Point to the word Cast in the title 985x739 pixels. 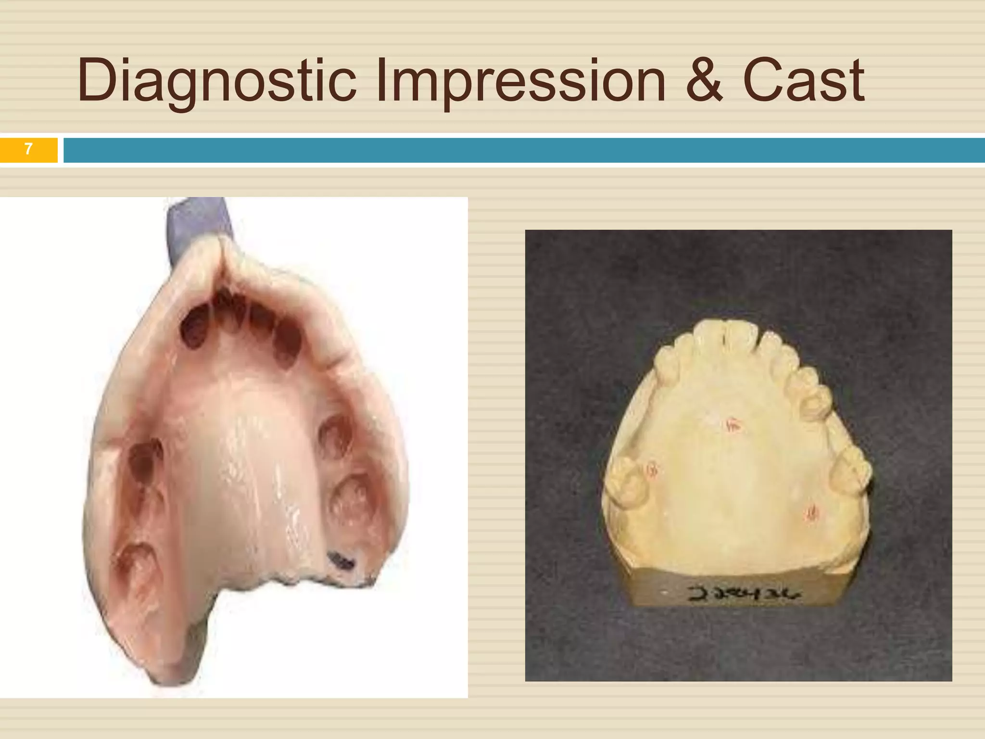click(803, 81)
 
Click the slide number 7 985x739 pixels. click(28, 150)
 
